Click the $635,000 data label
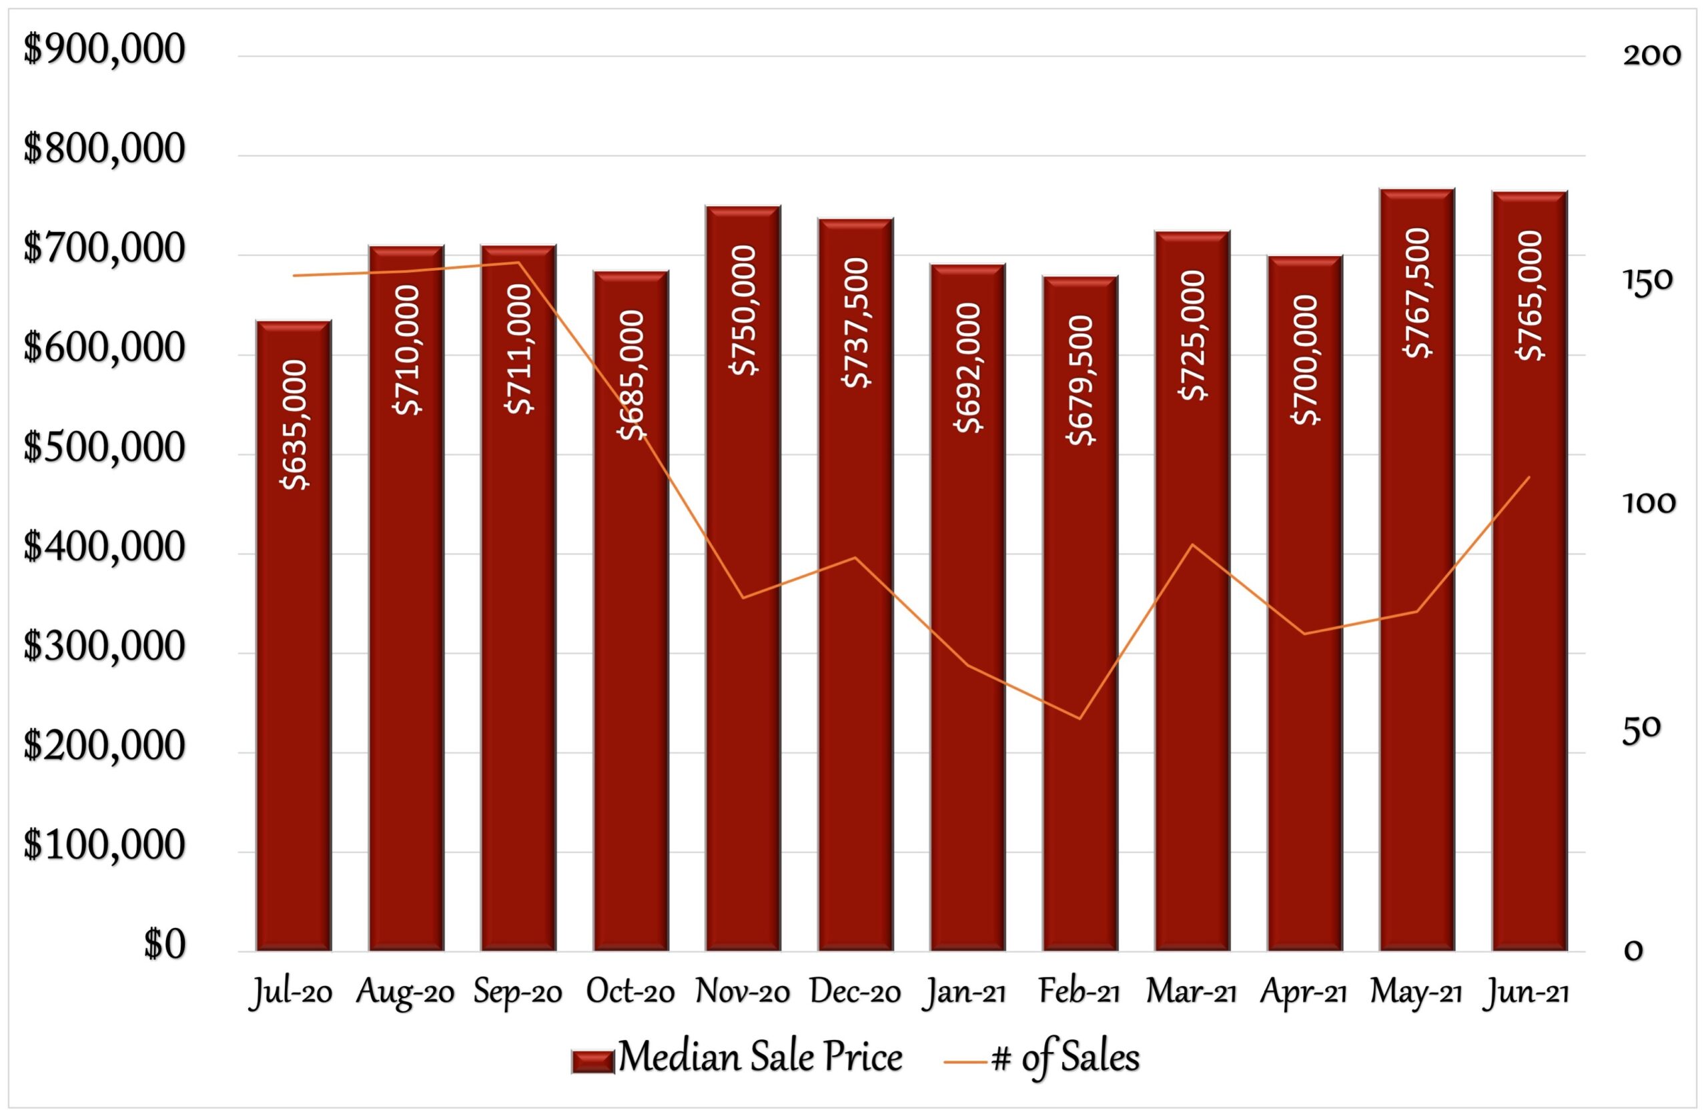tap(295, 425)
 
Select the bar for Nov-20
tap(743, 646)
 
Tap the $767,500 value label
tap(1417, 293)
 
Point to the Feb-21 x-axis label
tap(1079, 993)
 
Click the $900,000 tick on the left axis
tap(105, 50)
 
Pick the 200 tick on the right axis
tap(1651, 56)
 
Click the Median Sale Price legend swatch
tap(592, 1061)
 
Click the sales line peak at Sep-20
tap(518, 262)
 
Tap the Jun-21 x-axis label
tap(1527, 993)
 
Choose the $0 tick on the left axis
tap(164, 945)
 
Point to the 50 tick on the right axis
tap(1641, 729)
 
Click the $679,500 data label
tap(1081, 380)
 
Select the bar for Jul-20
tap(294, 646)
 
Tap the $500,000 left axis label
tap(105, 448)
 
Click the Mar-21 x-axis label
tap(1192, 993)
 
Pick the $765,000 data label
tap(1529, 296)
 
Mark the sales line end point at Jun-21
tap(1529, 477)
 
